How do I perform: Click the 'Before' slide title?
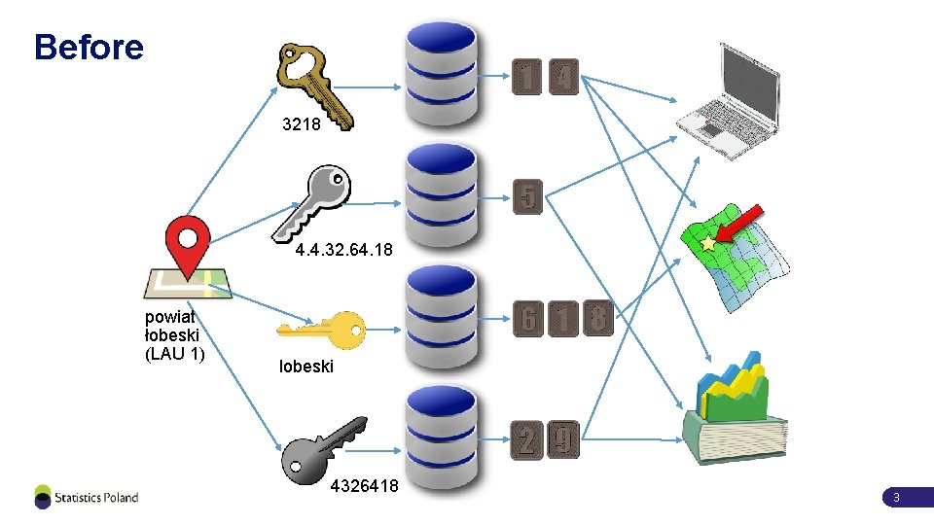pos(89,47)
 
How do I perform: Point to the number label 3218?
pos(302,123)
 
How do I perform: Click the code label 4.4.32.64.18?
pos(343,250)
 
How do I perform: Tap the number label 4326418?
pos(365,486)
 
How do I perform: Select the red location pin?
pos(188,244)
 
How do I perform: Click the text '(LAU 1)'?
pos(175,354)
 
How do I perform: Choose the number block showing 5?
pos(527,196)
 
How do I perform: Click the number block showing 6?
pos(527,319)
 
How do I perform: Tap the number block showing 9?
pos(563,439)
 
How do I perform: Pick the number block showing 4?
pos(563,77)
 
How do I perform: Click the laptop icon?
pos(729,101)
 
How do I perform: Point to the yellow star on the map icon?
pos(707,243)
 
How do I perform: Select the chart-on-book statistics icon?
pos(735,408)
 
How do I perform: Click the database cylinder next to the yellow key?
pos(442,319)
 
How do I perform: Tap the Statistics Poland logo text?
pos(96,498)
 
